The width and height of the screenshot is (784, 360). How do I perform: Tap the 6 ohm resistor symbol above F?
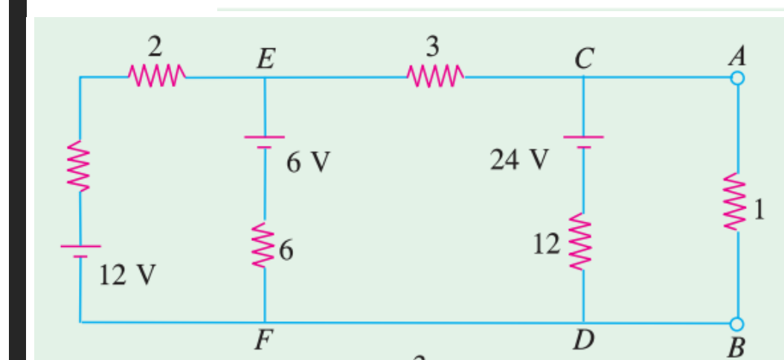[x=266, y=242]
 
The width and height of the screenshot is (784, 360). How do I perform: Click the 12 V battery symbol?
[x=80, y=251]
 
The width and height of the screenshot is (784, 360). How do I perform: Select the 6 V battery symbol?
[x=266, y=141]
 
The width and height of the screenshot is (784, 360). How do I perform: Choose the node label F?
[x=261, y=341]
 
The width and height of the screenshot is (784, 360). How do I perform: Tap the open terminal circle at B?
[x=737, y=323]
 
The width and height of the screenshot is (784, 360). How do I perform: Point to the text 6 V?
[x=307, y=161]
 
